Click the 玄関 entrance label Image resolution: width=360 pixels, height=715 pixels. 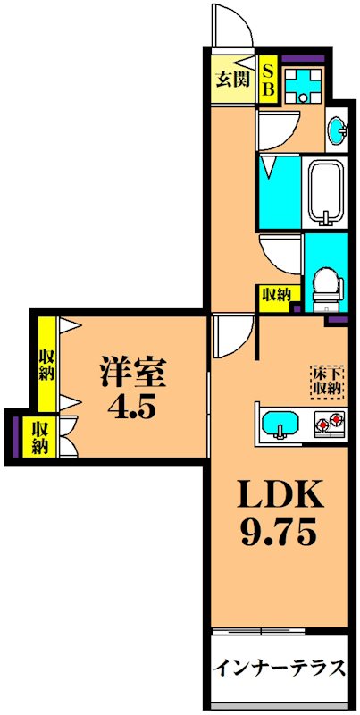(235, 78)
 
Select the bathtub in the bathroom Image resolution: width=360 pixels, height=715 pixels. (331, 196)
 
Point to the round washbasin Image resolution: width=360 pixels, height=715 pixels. (340, 131)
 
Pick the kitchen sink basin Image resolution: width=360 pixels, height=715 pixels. (282, 422)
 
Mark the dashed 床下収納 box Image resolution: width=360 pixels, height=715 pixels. (326, 379)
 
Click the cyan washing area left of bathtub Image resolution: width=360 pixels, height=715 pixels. (280, 191)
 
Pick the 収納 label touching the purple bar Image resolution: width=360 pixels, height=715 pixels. (39, 436)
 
